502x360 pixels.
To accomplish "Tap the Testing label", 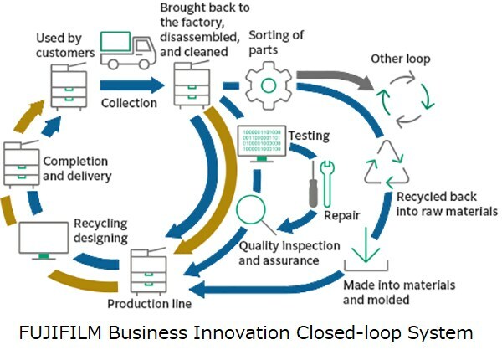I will (309, 135).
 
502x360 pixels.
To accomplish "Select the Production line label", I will (150, 303).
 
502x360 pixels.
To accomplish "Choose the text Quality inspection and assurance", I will (289, 253).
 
